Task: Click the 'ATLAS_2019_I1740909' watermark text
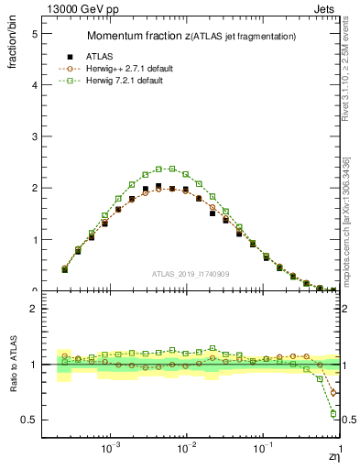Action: click(x=191, y=273)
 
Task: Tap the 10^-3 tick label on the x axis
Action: click(x=111, y=450)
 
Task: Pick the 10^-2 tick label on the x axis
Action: click(x=187, y=450)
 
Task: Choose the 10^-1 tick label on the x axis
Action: click(x=263, y=450)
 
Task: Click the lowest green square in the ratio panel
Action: click(x=333, y=413)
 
